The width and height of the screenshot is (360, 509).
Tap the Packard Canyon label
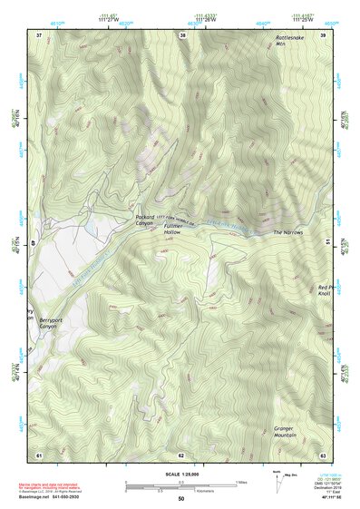[x=144, y=221]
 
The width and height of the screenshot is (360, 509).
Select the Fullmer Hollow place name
[x=173, y=230]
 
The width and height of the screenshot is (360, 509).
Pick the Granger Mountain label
[x=287, y=432]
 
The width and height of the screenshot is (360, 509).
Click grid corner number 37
[x=39, y=34]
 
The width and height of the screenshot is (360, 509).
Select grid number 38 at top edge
[x=183, y=34]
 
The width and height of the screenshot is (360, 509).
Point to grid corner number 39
[x=324, y=34]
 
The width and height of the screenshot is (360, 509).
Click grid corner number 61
[x=39, y=455]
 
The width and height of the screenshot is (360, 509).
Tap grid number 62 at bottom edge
[x=181, y=455]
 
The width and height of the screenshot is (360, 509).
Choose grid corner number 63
[x=323, y=455]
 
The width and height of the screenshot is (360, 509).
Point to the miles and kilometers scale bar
[x=180, y=485]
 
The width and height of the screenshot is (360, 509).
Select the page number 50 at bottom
[x=181, y=499]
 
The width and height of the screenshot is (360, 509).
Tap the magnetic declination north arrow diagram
[x=278, y=483]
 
